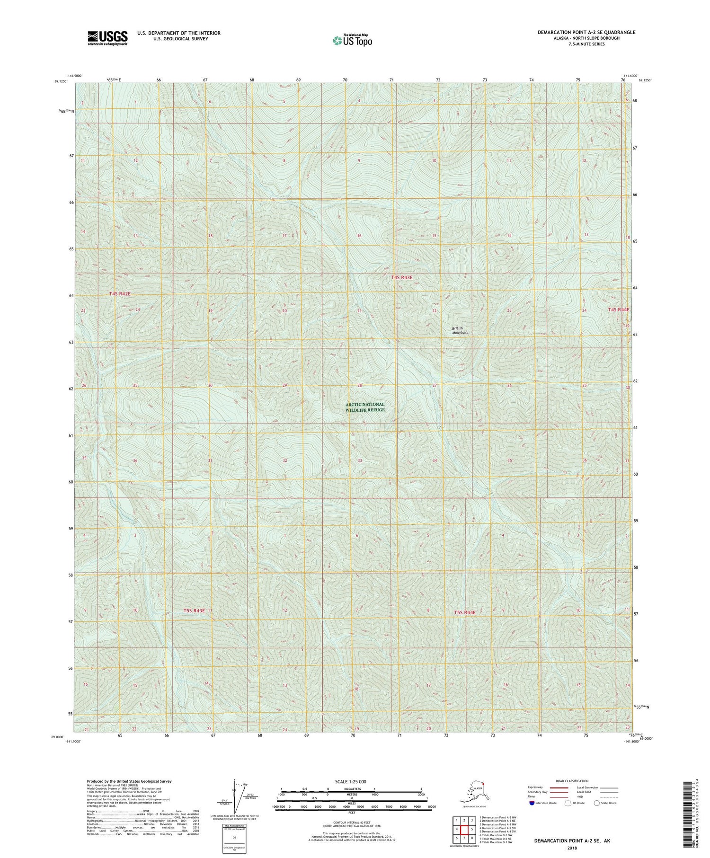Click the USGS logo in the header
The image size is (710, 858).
(x=107, y=37)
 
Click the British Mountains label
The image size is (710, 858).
(x=460, y=330)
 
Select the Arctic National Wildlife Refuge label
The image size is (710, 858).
(x=365, y=407)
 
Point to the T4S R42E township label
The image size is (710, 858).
(x=119, y=294)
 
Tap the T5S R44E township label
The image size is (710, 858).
(x=464, y=612)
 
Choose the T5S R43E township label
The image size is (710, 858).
(x=194, y=610)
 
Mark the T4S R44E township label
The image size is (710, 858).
(x=619, y=310)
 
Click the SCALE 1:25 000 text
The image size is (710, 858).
(x=351, y=781)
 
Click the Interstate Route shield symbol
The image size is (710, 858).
(x=532, y=803)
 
